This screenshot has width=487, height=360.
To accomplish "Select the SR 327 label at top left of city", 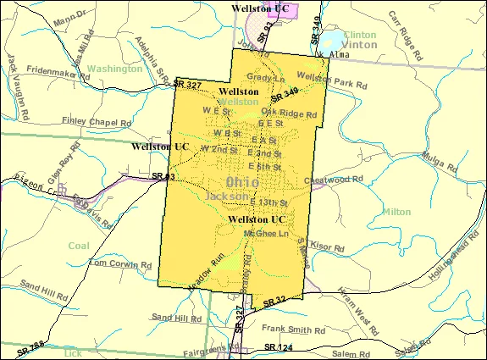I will coord(186,86).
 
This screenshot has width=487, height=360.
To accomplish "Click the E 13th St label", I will coord(269,202).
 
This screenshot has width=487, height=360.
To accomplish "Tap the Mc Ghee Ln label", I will coord(265,231).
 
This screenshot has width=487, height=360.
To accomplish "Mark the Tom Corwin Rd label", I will coord(119,263).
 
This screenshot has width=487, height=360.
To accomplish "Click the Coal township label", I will coord(79,245).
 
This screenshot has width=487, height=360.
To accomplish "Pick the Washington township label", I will coord(114,69).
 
